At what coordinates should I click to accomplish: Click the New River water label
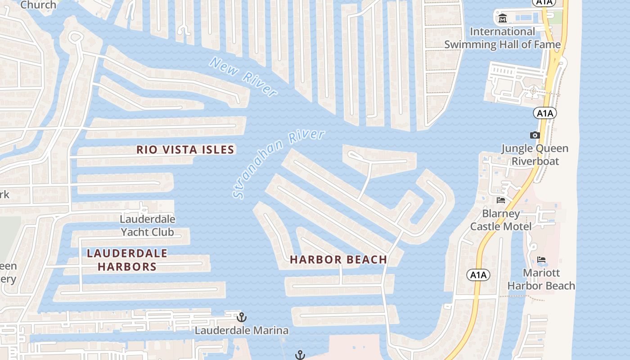click(x=243, y=77)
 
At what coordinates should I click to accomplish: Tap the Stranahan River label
click(x=279, y=164)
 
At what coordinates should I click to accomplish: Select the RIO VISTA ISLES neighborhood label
click(x=185, y=149)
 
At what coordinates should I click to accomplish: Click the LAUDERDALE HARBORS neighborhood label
click(x=127, y=260)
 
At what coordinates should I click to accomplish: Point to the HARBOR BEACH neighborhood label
click(x=338, y=260)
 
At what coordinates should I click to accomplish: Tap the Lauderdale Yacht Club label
click(x=148, y=226)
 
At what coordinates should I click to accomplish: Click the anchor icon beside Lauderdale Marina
click(x=242, y=317)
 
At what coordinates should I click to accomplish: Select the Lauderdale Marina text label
click(x=242, y=331)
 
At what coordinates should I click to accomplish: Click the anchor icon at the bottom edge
click(x=300, y=355)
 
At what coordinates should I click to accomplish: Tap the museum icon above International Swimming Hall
click(x=503, y=19)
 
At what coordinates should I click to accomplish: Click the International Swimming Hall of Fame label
click(x=503, y=38)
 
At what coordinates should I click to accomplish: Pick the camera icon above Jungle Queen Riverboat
click(x=535, y=135)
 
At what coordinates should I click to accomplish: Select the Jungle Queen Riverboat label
click(x=535, y=155)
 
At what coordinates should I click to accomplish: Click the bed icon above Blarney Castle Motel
click(x=501, y=200)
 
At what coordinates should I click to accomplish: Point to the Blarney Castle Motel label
click(x=501, y=220)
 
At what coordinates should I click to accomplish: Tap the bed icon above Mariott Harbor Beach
click(x=541, y=260)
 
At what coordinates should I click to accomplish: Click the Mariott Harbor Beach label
click(x=541, y=279)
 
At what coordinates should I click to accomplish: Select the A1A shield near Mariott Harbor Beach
click(x=478, y=274)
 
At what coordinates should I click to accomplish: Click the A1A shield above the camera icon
click(x=545, y=113)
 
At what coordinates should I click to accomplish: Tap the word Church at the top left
click(x=39, y=5)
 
